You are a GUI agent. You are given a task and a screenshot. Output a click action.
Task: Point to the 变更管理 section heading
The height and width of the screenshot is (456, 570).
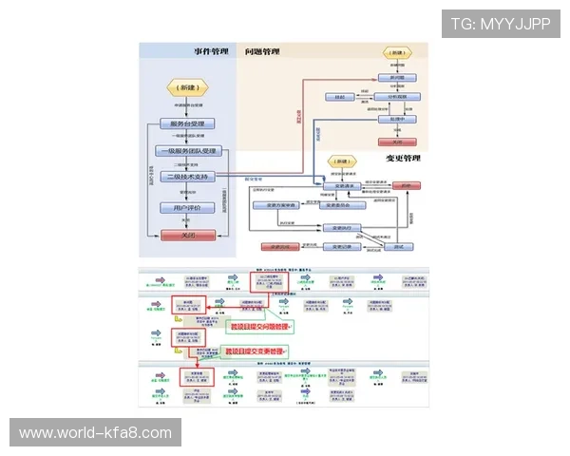tap(403, 158)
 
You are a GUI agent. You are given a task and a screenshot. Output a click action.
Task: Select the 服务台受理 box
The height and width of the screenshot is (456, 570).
tap(187, 123)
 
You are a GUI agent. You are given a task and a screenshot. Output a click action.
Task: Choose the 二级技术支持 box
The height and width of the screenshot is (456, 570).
tap(187, 177)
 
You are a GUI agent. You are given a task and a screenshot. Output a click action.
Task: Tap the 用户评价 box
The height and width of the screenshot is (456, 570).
tap(187, 207)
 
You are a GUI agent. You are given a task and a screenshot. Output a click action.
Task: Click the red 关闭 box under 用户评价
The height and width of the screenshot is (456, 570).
tap(187, 235)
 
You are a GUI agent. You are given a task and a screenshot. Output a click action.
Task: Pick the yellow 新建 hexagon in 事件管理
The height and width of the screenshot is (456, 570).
tap(187, 86)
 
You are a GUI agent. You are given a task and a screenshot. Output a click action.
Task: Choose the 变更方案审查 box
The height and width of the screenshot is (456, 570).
tap(275, 204)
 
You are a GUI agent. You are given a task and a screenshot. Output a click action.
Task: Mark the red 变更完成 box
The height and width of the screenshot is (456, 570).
tap(274, 247)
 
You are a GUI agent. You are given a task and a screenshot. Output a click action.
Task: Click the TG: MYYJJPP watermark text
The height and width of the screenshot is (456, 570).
tap(500, 24)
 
